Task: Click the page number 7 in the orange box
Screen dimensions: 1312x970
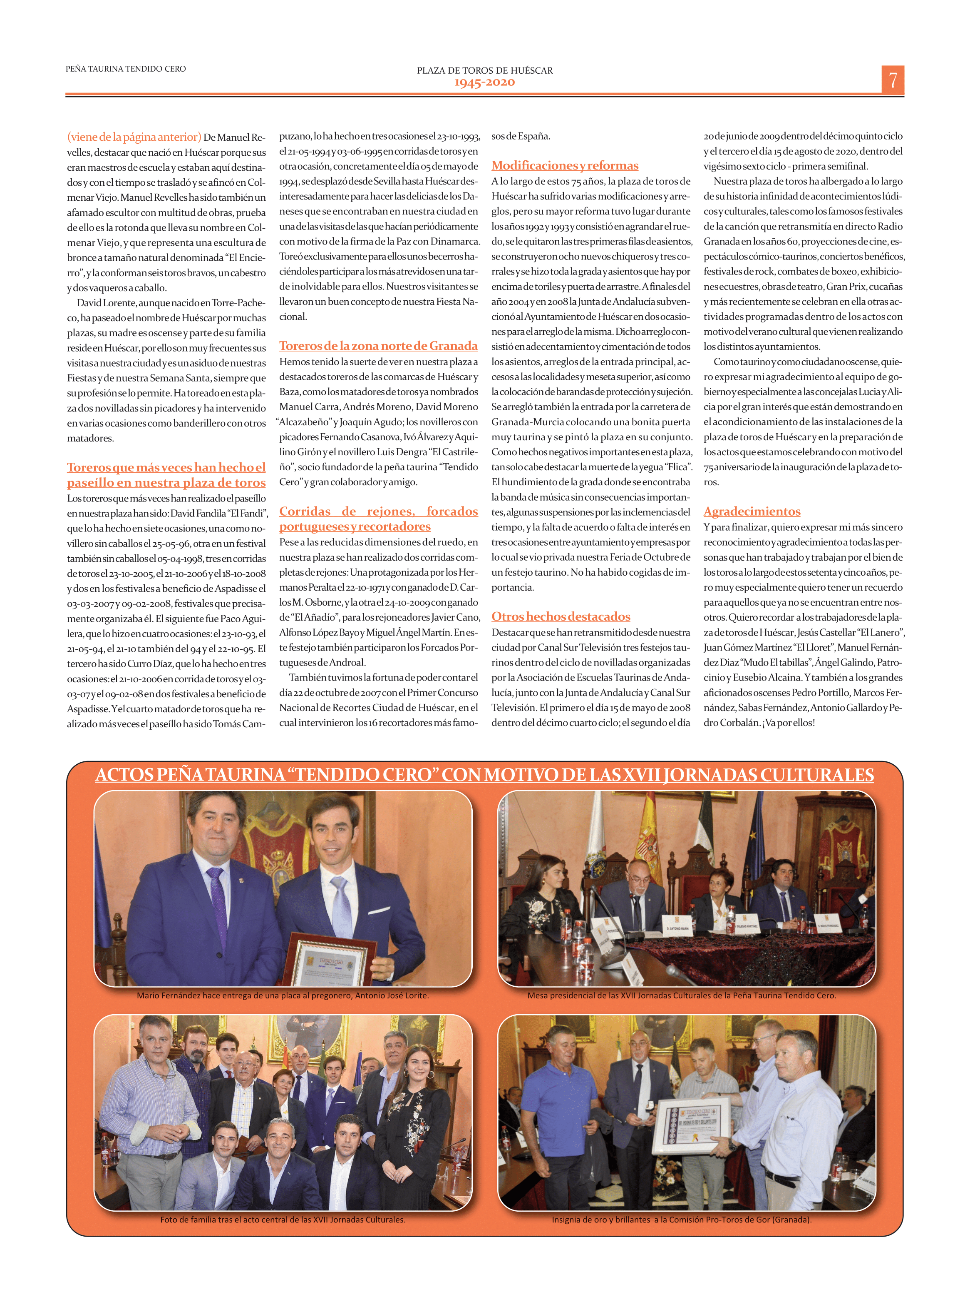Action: pos(893,80)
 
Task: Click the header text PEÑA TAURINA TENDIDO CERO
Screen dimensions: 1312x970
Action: pos(126,69)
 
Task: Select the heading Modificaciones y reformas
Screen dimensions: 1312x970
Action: pos(565,166)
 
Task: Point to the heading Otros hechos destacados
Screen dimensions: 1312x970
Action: pos(561,616)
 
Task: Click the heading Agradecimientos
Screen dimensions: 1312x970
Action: pos(752,511)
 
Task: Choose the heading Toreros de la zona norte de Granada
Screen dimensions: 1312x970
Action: pos(378,345)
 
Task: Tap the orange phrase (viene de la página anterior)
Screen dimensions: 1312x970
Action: pos(134,137)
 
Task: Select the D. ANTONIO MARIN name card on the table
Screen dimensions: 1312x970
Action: pos(677,928)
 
